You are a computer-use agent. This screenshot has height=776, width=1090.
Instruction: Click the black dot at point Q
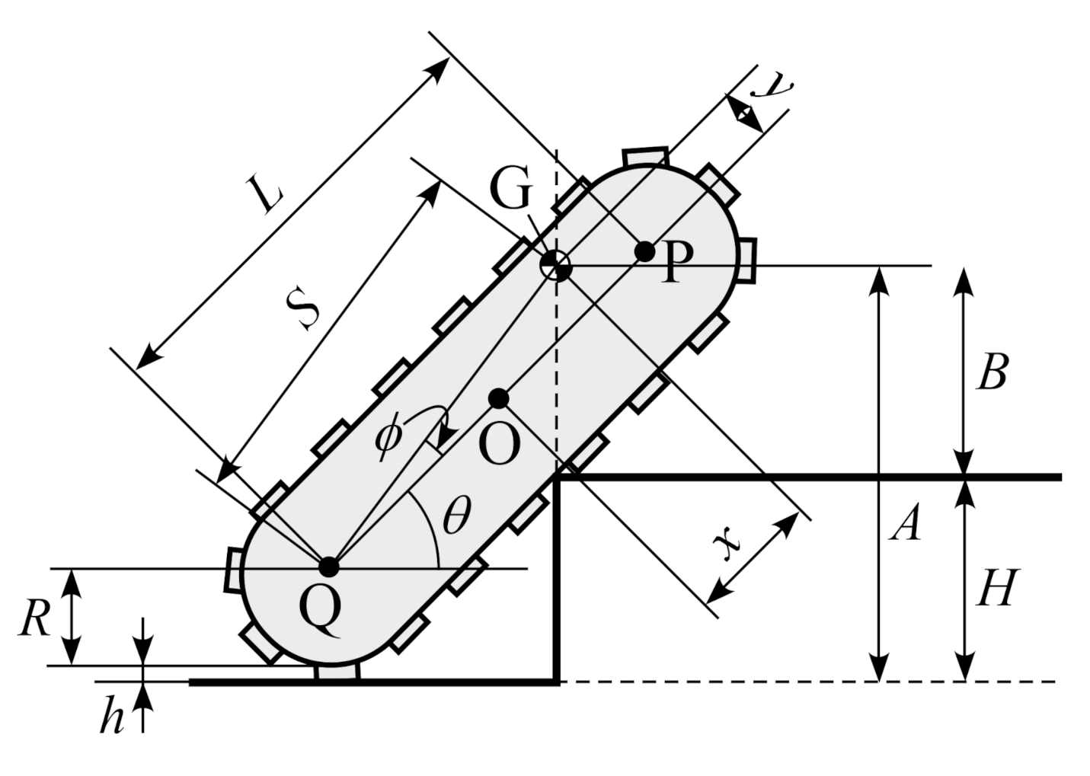coord(328,567)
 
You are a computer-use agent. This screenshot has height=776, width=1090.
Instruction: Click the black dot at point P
coord(644,251)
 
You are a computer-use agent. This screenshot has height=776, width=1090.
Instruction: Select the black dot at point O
coord(498,398)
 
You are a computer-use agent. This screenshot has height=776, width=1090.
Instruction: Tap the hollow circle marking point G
coord(555,266)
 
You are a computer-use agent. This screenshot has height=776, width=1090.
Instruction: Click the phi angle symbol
coord(388,437)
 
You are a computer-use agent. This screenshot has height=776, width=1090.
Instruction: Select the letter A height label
coord(906,525)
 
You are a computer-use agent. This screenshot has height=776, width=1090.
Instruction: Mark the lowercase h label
coord(112,717)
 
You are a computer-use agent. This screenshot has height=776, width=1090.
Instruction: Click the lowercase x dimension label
coord(727,543)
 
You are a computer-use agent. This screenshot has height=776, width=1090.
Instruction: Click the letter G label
coord(510,190)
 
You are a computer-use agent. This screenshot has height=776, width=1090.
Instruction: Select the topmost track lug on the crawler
coord(645,156)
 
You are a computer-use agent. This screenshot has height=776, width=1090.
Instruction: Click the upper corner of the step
coord(558,477)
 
